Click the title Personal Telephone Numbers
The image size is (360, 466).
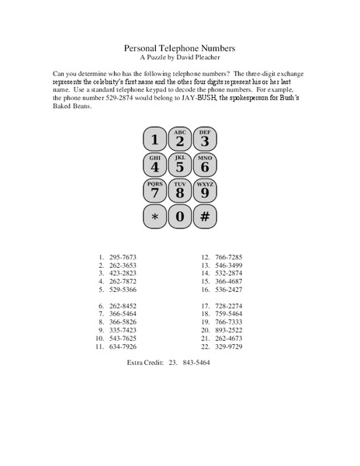[179, 47]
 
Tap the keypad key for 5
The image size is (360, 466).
[179, 165]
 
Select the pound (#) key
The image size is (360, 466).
[204, 215]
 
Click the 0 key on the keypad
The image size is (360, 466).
[179, 215]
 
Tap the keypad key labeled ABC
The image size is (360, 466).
[179, 140]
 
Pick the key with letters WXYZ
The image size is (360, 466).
[204, 190]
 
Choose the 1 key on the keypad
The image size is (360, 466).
[154, 140]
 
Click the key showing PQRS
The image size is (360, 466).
[154, 190]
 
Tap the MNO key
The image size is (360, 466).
[204, 165]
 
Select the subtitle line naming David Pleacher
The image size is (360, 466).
[179, 57]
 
